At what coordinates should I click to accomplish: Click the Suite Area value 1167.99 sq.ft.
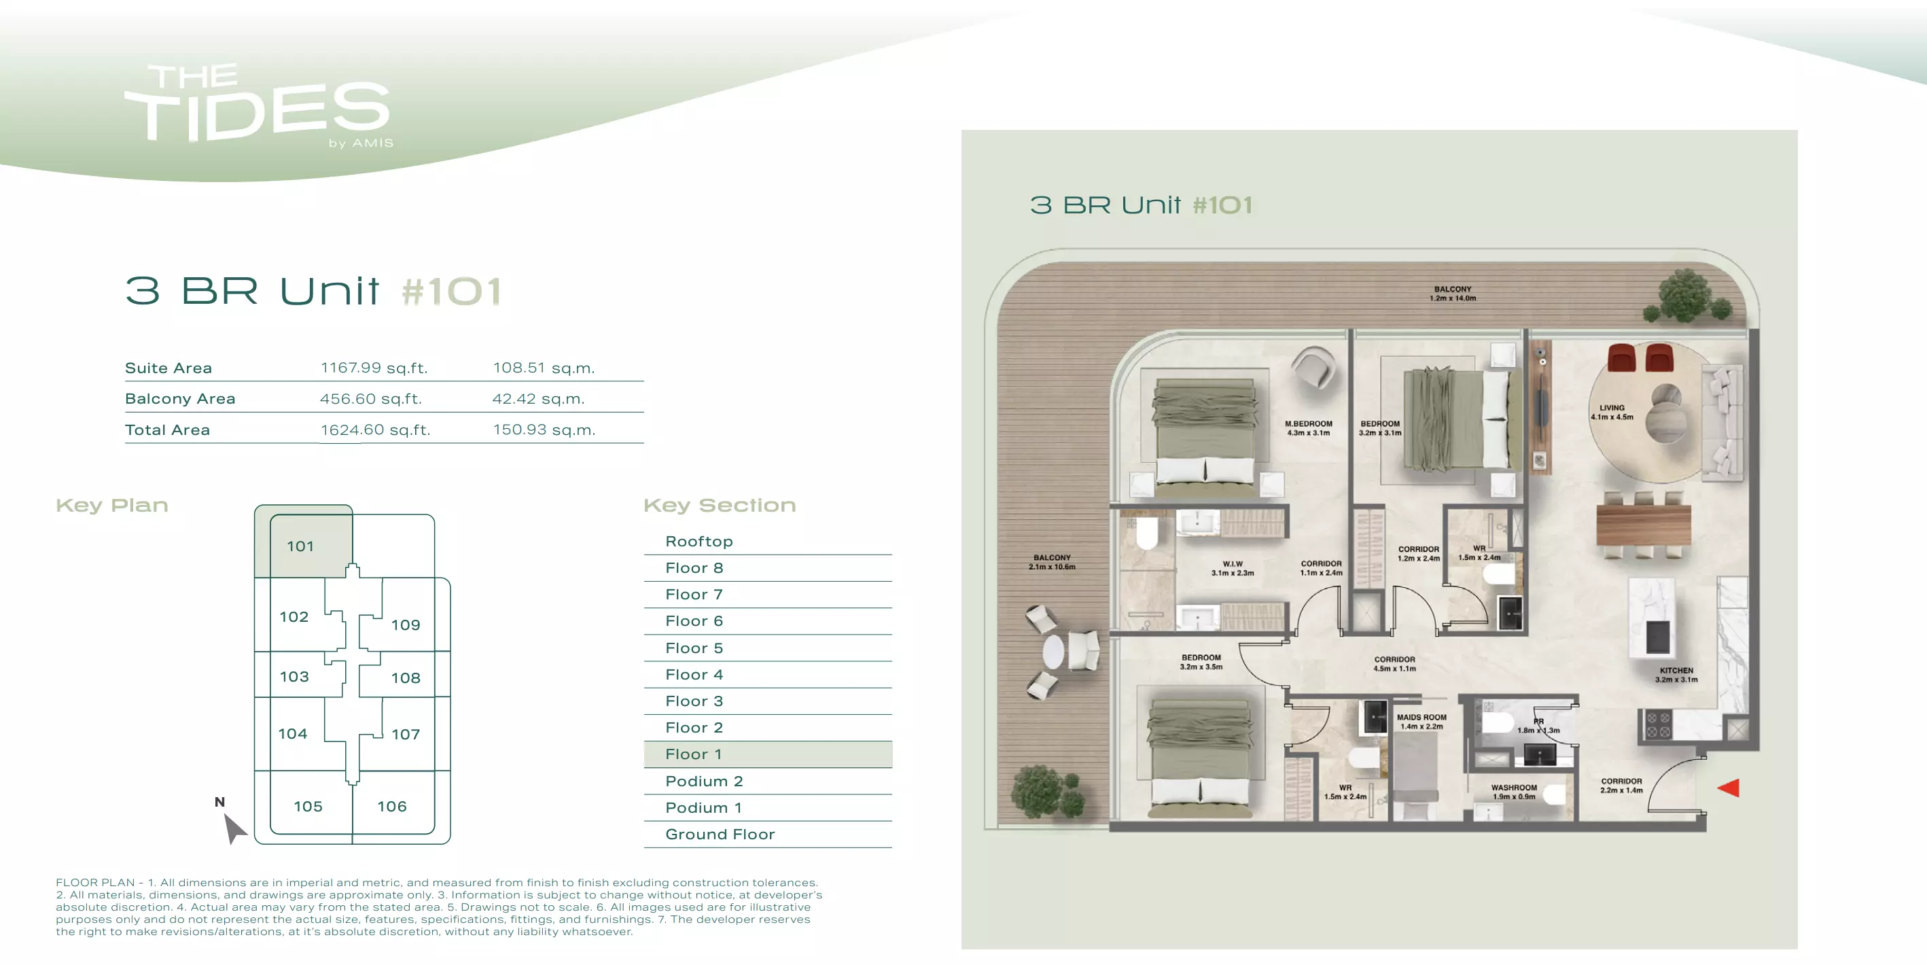(x=374, y=368)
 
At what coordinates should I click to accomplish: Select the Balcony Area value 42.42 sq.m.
(x=539, y=399)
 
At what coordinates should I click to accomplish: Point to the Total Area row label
(x=168, y=430)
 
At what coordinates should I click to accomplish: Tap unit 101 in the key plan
(x=300, y=546)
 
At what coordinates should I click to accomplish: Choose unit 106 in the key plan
(x=392, y=807)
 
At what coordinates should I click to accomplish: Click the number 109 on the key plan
(x=406, y=625)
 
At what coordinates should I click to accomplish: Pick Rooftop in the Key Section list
(x=699, y=541)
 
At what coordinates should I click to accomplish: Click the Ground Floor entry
(x=720, y=834)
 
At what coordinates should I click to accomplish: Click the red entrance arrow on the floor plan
(x=1729, y=788)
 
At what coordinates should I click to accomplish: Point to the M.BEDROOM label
(x=1309, y=423)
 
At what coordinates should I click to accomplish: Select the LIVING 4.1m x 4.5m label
(x=1612, y=413)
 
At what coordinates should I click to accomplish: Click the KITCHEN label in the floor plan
(x=1676, y=671)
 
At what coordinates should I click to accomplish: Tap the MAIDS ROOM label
(x=1421, y=718)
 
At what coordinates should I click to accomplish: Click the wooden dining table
(x=1644, y=526)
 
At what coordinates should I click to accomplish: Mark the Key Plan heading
(x=112, y=506)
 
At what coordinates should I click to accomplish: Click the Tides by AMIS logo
(x=259, y=105)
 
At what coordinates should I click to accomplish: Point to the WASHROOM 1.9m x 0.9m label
(x=1514, y=792)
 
